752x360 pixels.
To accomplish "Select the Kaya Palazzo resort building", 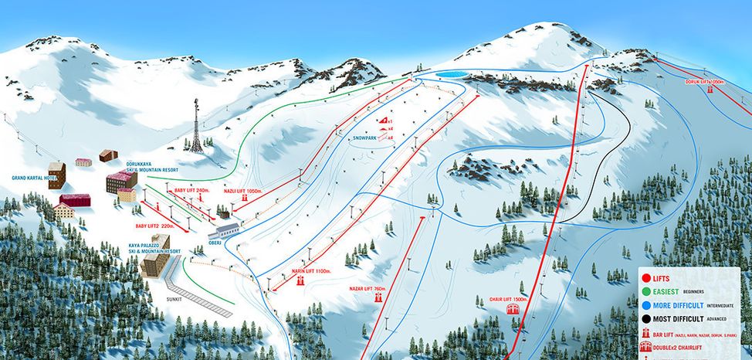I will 158,264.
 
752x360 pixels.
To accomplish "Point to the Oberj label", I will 215,241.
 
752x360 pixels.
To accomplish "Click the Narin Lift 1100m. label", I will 311,271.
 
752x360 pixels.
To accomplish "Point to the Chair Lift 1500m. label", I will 509,299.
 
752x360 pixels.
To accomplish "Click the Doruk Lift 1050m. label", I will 705,81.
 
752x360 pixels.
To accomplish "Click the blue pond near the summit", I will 451,75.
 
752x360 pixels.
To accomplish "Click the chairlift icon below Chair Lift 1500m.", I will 510,310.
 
